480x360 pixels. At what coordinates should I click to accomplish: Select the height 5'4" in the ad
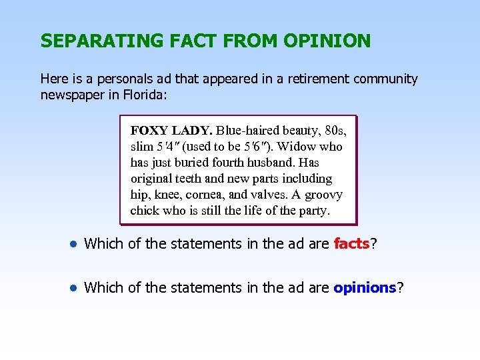point(169,147)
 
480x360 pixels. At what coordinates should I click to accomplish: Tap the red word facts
point(351,244)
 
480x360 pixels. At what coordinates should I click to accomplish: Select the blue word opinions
point(365,288)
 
